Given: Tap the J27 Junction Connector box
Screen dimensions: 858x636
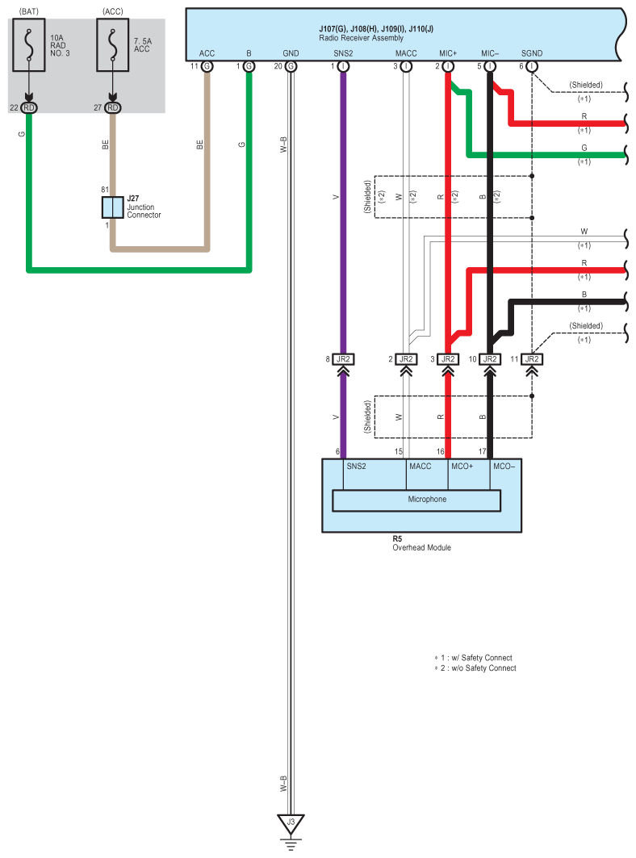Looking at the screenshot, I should (112, 207).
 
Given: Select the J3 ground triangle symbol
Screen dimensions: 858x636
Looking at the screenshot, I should (291, 824).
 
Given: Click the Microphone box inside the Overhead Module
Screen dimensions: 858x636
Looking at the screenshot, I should (416, 500).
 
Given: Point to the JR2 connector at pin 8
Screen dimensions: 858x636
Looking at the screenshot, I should (343, 359).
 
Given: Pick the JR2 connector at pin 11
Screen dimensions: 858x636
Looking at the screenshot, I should (532, 359).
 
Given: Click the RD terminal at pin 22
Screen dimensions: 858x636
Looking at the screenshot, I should (29, 108).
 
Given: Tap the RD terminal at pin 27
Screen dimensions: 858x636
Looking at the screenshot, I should (112, 108).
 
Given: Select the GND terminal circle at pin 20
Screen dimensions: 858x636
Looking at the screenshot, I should (291, 66).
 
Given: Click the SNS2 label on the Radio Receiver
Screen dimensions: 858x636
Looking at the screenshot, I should (343, 53).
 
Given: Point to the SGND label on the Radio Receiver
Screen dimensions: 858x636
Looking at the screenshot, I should (532, 53).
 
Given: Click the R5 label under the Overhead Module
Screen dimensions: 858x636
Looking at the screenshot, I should (397, 538).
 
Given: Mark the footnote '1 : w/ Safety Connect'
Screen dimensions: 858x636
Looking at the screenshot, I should (475, 658).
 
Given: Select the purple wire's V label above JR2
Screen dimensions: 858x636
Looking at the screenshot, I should (337, 197).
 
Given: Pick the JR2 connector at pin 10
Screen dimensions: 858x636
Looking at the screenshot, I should (489, 359).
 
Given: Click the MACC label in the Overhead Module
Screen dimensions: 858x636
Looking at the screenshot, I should (420, 467).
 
